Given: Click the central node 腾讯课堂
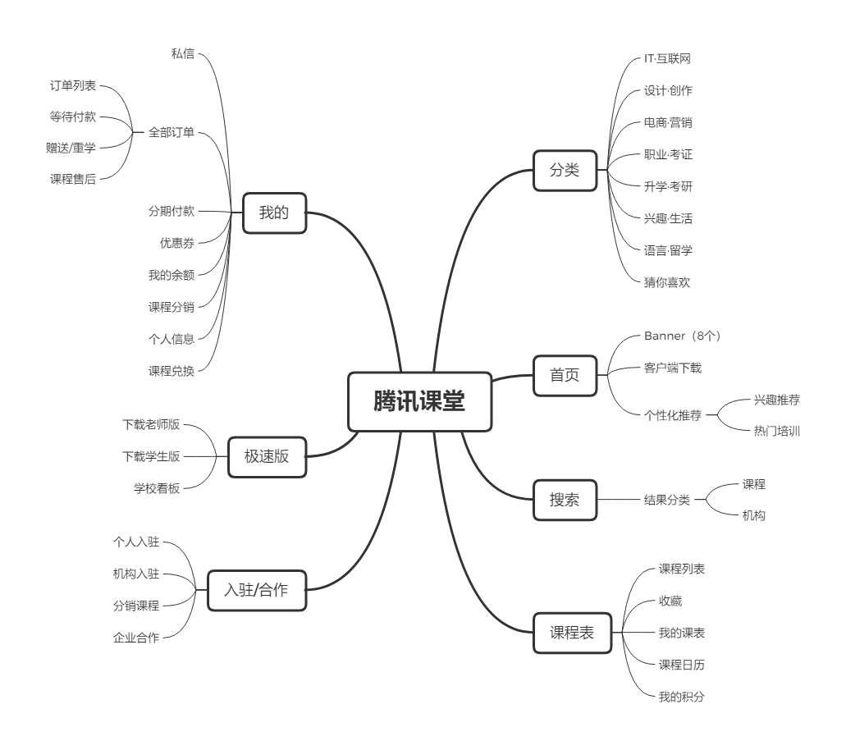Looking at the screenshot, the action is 420,401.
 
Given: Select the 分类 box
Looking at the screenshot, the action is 565,171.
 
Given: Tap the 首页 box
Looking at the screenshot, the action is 565,376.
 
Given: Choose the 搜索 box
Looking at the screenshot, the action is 565,501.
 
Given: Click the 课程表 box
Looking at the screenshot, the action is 573,633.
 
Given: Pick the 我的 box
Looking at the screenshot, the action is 275,213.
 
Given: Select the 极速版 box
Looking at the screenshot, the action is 267,457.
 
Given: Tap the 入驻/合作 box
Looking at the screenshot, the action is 257,590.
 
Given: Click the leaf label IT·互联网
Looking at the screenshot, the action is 667,59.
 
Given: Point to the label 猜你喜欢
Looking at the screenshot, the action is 667,282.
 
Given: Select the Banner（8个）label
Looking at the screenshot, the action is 683,336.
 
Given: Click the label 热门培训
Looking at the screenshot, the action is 777,431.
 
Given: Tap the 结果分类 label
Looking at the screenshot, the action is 667,501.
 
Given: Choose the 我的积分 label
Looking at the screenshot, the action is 682,697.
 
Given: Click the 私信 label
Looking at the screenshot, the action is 183,53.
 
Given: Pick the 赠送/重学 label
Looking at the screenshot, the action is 71,148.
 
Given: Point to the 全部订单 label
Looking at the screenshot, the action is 171,132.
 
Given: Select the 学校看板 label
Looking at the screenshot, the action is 157,488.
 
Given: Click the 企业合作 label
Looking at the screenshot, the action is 136,638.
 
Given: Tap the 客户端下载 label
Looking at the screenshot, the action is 673,368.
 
